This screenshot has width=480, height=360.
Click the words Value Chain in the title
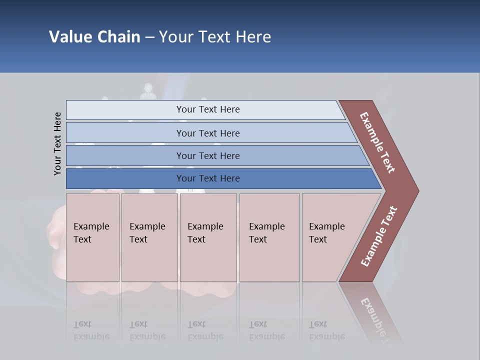(x=94, y=37)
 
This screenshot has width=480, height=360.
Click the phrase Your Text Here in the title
(x=215, y=37)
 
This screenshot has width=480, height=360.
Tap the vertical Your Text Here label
(x=57, y=143)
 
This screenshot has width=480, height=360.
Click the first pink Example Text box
(x=92, y=237)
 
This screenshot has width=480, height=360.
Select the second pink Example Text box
(x=149, y=237)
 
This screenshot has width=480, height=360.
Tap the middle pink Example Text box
(x=208, y=237)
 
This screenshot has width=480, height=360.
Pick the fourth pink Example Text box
(x=269, y=237)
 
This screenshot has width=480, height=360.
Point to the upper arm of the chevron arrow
(x=377, y=142)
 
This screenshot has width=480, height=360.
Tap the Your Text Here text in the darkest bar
(x=208, y=178)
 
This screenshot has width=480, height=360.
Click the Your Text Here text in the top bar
(x=208, y=109)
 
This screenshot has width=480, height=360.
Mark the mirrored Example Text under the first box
(x=91, y=330)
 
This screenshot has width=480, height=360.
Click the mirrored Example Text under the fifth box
(x=327, y=330)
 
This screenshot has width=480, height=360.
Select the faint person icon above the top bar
(x=148, y=91)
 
